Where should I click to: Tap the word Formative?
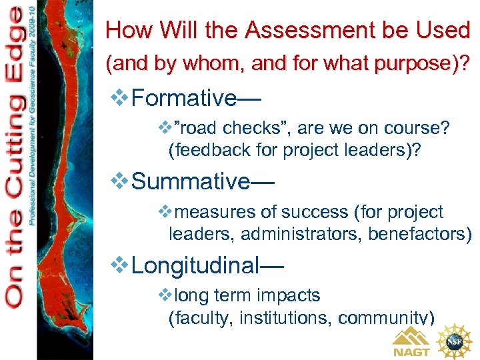184,99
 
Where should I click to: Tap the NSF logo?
455,340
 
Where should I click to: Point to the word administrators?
297,235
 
